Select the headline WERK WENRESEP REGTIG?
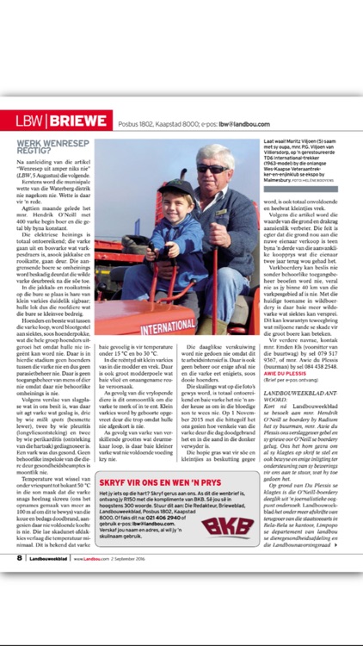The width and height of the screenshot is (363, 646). point(49,152)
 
